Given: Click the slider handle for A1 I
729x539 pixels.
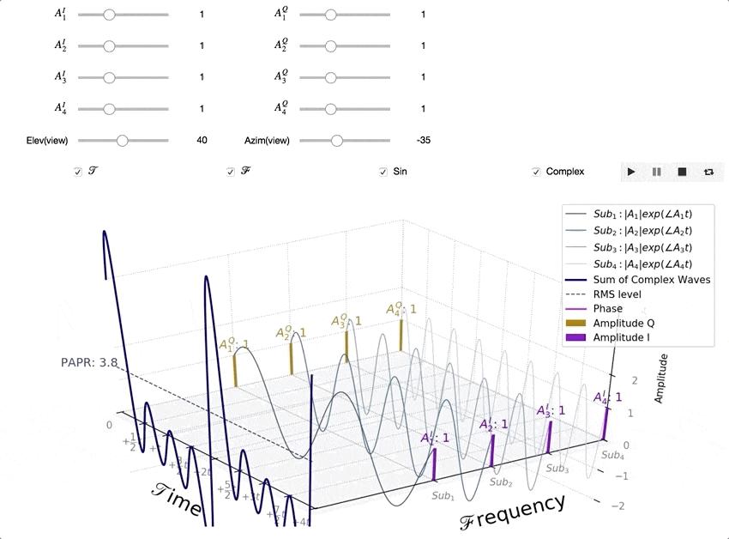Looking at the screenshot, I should [x=108, y=15].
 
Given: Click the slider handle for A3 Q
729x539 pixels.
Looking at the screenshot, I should [x=330, y=77].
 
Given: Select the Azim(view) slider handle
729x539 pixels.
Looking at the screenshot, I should [x=336, y=140].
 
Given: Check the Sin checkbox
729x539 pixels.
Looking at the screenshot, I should [x=383, y=172].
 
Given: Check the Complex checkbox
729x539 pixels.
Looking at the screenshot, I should [x=537, y=172].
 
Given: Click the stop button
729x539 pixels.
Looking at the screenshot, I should [x=683, y=172].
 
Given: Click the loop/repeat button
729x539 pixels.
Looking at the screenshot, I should [x=708, y=172].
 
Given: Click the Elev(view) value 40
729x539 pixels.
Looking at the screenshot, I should [x=202, y=140].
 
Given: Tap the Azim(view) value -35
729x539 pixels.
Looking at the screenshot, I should [x=423, y=140].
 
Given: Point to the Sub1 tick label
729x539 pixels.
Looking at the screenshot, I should [x=443, y=496].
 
